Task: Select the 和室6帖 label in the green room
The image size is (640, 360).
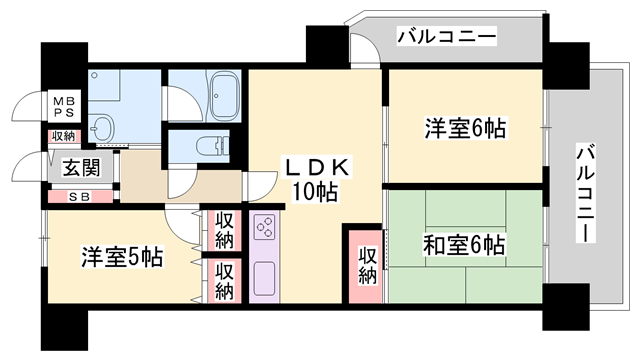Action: coord(462,245)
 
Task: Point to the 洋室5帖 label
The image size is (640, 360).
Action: coord(121,257)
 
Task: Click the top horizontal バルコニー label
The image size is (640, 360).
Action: coord(446,37)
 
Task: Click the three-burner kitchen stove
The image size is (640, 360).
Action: coord(266,229)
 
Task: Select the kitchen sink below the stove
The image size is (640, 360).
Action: coord(266,277)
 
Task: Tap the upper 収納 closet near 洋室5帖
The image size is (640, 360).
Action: coord(223,230)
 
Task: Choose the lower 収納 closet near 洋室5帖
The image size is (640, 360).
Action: coord(223,281)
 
